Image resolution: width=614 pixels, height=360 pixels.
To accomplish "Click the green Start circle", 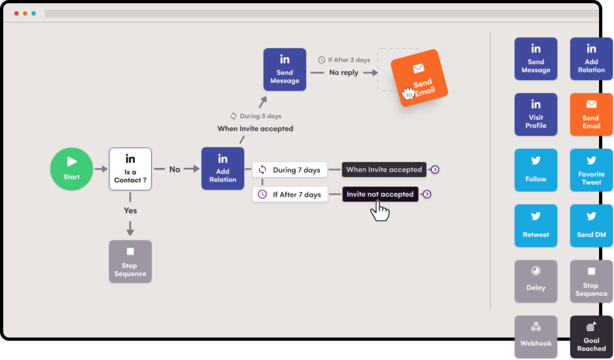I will click(71, 169).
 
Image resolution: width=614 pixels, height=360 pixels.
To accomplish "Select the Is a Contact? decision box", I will click(130, 169).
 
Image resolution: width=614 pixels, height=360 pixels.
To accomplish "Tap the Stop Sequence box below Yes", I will click(130, 262).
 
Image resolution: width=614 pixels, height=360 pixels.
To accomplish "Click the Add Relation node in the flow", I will click(222, 169).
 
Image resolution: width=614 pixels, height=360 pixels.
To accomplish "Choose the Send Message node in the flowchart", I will click(285, 70).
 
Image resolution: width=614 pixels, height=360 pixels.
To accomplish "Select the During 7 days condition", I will click(290, 170).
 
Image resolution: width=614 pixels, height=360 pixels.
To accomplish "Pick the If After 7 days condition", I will click(290, 194).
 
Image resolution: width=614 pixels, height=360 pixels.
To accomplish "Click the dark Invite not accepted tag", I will click(380, 194).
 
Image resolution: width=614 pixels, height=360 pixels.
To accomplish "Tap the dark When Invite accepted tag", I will click(384, 170).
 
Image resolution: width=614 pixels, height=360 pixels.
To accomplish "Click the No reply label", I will click(344, 73).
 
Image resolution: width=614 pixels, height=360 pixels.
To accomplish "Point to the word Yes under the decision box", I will click(130, 211).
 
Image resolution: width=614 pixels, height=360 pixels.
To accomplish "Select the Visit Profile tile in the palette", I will click(535, 114).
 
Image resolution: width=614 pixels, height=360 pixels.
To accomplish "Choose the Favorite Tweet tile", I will click(591, 170).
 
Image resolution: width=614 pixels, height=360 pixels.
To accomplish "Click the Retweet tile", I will click(535, 226).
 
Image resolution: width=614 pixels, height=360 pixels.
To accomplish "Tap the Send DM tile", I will click(591, 226).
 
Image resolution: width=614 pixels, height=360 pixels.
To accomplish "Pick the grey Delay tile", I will click(535, 281).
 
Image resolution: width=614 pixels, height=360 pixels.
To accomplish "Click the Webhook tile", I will click(535, 336).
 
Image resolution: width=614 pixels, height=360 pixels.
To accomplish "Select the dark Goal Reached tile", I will click(591, 337).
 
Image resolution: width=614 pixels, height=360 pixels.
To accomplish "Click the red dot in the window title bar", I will click(16, 13).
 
